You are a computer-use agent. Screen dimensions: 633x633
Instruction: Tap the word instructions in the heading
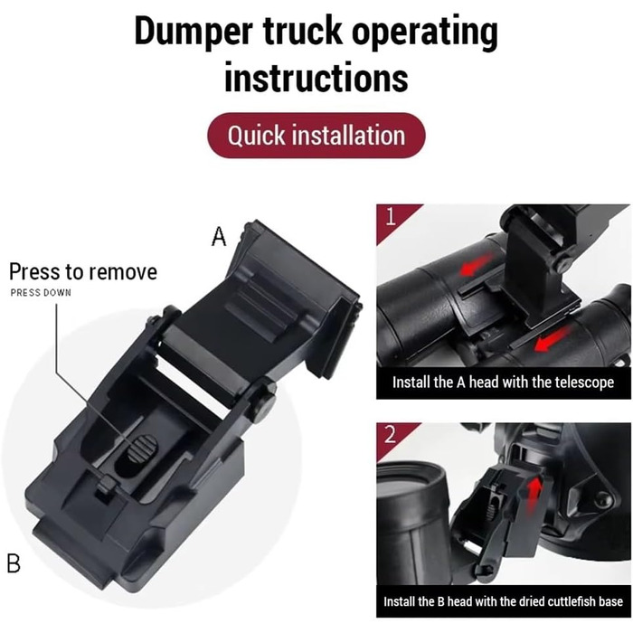(316, 77)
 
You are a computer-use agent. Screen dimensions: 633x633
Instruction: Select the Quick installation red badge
(316, 136)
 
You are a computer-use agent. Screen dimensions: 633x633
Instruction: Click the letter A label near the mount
(219, 236)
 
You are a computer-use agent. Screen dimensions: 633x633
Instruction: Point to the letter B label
(14, 563)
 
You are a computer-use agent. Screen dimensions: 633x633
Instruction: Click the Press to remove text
(83, 271)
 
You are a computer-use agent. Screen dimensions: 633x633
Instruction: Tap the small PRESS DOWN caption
(41, 293)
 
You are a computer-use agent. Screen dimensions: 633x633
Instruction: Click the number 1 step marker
(391, 217)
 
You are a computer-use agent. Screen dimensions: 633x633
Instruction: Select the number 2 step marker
(391, 435)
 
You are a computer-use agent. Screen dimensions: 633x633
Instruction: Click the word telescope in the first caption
(584, 382)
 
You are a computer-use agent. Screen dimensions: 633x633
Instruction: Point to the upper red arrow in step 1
(477, 264)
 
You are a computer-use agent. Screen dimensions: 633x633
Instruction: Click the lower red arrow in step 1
(553, 339)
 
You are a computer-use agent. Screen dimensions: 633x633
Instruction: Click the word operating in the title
(425, 33)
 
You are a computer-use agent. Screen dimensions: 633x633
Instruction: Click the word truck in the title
(302, 32)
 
